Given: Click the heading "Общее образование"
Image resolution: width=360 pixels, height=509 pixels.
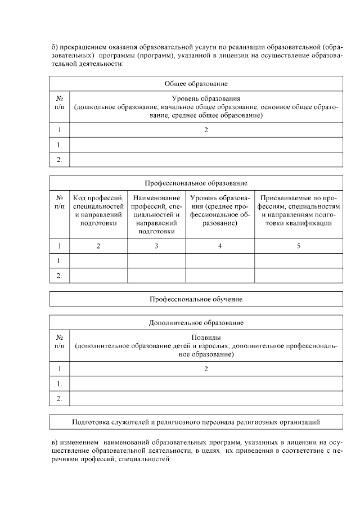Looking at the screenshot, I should pos(196,84).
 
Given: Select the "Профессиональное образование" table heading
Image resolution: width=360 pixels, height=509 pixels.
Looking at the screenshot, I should pos(196,183).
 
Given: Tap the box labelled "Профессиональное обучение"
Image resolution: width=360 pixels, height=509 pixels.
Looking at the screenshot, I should pos(196,299).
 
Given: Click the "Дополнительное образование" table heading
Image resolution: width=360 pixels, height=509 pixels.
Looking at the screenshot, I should pos(196,323).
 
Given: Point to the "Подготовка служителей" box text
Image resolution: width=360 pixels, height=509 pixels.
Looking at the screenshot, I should pos(196,421).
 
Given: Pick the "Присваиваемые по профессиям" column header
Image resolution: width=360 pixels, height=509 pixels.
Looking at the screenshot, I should pos(298,210).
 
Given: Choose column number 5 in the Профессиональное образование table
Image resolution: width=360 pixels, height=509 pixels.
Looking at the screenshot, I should pos(298,246).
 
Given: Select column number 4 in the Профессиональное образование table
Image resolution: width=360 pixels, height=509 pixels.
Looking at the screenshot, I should pos(220,246).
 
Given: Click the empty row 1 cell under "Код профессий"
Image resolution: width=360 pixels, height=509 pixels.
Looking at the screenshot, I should pos(98,261).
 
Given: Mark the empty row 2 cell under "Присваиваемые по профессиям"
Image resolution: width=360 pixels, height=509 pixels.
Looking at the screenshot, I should pos(298,276).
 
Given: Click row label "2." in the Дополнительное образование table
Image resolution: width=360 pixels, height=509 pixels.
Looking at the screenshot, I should pos(59,399).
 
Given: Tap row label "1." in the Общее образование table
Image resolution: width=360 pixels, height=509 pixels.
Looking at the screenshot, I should pos(59,145).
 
